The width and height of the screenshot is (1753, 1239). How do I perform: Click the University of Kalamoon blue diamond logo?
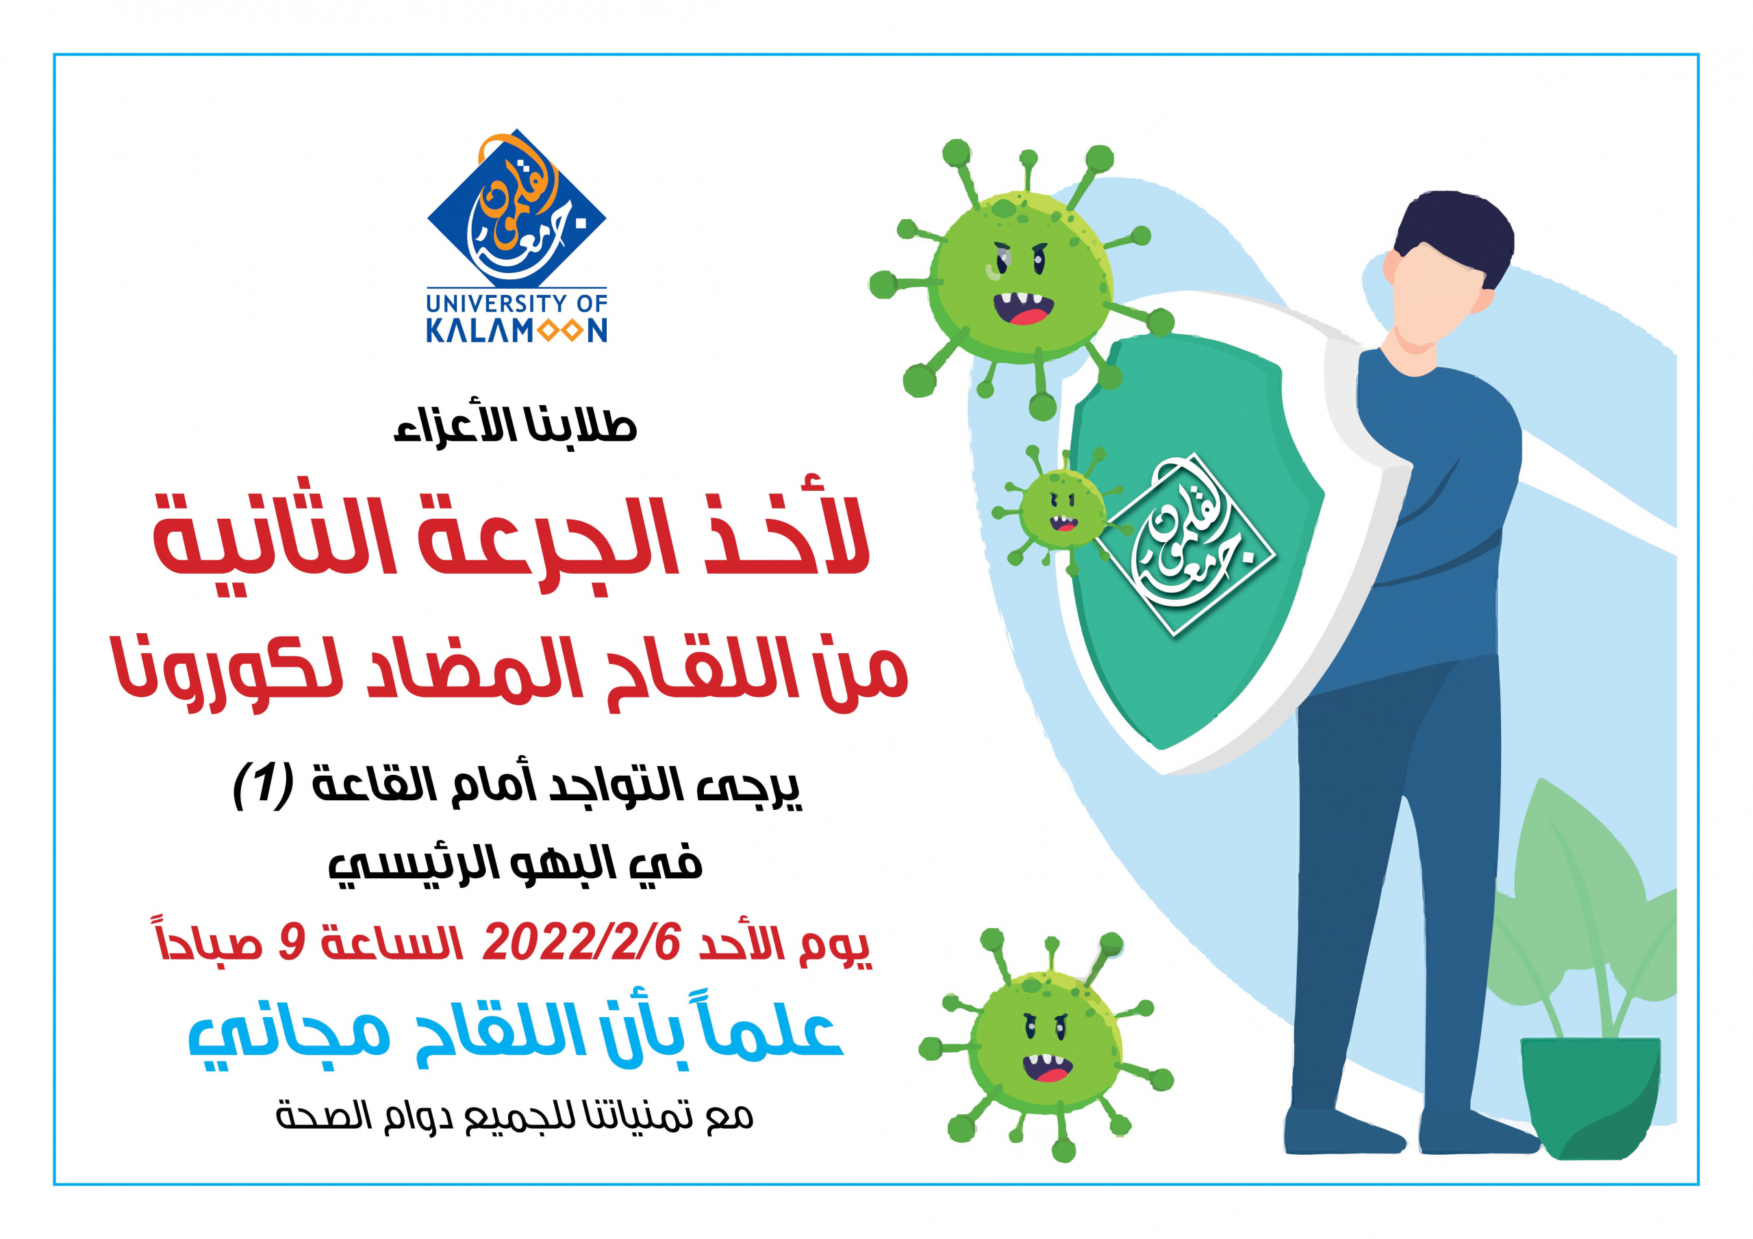point(516,208)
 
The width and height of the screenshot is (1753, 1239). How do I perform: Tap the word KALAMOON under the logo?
point(516,331)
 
